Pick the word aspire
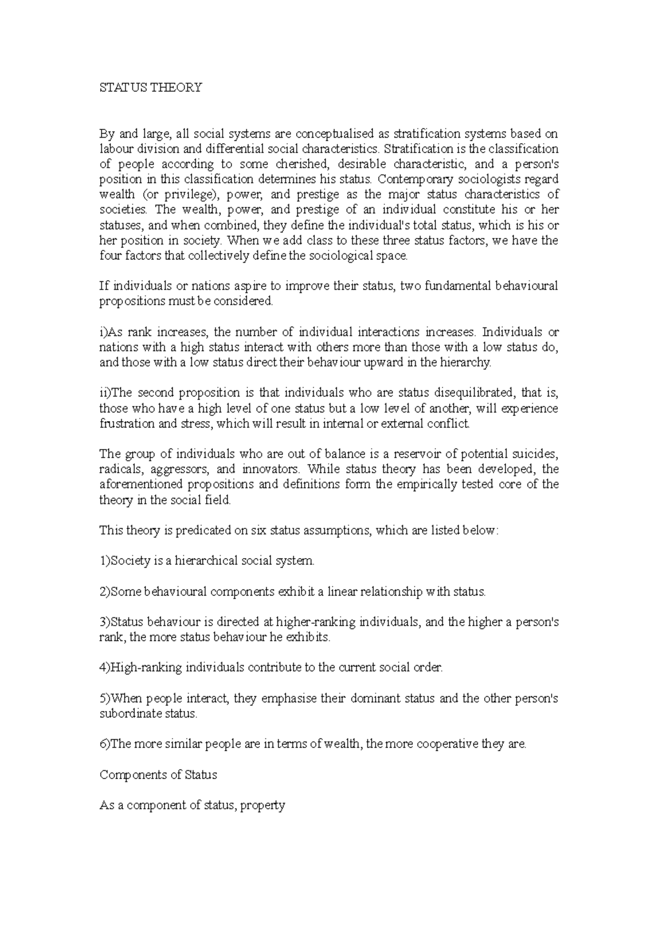click(238, 286)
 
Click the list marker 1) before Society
click(105, 561)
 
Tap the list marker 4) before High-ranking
click(105, 668)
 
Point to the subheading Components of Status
click(158, 775)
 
